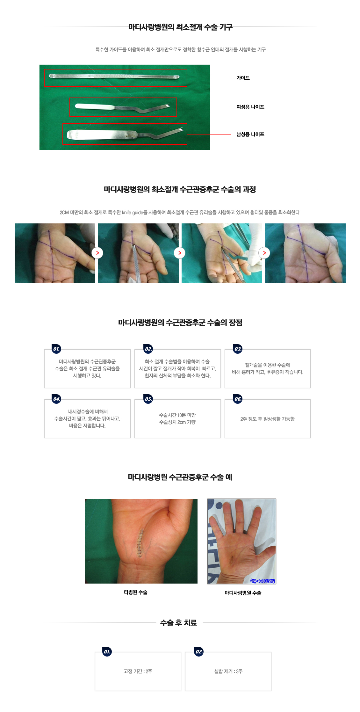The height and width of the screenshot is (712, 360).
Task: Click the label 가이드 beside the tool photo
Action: (243, 78)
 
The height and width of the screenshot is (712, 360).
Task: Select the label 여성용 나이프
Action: (250, 107)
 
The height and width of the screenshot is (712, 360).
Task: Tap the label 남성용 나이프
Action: (250, 134)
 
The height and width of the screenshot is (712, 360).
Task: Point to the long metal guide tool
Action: (114, 76)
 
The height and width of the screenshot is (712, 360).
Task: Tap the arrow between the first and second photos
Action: (97, 253)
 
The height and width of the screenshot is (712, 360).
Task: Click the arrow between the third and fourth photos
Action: (264, 253)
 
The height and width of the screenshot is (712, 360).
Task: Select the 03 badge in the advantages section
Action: (238, 349)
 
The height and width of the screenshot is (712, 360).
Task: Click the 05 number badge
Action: (148, 399)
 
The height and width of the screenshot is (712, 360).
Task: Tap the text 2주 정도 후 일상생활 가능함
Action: (267, 419)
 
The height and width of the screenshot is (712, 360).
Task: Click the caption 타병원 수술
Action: (135, 592)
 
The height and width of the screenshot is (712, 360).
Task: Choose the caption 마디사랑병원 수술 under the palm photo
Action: (243, 593)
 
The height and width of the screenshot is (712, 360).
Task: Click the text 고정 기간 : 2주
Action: (138, 672)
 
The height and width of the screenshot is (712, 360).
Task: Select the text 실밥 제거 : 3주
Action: (228, 672)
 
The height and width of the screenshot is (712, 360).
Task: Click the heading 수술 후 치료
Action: (178, 623)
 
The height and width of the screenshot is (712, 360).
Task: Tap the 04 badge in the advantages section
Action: (56, 399)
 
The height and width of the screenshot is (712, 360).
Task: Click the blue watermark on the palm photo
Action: (263, 581)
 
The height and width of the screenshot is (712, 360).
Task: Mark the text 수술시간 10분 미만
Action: (177, 415)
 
